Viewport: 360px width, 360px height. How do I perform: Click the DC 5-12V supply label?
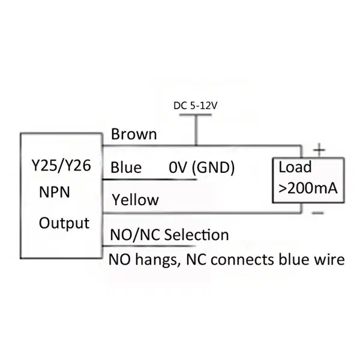click(195, 106)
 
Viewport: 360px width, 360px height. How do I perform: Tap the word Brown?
click(134, 134)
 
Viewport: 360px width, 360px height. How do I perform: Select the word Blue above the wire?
click(126, 167)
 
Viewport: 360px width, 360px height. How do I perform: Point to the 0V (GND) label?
click(202, 167)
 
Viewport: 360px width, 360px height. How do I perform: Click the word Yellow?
click(135, 200)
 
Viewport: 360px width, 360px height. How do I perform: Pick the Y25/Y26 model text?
click(61, 166)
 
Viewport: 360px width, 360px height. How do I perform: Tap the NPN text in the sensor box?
click(55, 192)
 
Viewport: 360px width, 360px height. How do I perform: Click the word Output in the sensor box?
click(64, 223)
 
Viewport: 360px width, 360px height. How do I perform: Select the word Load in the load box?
click(295, 167)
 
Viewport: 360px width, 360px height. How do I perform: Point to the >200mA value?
click(308, 188)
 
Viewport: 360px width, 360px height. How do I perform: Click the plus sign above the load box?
click(319, 150)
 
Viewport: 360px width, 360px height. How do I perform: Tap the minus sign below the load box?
click(318, 213)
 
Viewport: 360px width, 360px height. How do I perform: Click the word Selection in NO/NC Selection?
click(197, 235)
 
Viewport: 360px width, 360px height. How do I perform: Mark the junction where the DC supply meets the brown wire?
click(196, 145)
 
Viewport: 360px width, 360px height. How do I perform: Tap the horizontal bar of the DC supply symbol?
click(196, 115)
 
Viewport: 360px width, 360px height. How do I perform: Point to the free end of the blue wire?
click(196, 179)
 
